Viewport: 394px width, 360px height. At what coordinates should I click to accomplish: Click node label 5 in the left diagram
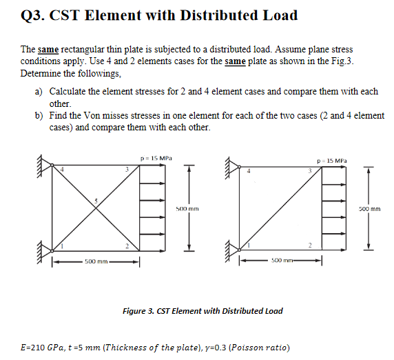click(96, 201)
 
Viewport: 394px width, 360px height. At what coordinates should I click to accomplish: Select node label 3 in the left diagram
click(126, 170)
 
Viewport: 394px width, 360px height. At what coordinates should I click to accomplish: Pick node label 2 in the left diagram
click(126, 246)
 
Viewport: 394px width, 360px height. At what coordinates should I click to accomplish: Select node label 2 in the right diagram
click(311, 246)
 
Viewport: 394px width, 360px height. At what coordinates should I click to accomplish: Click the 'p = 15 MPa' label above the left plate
click(154, 158)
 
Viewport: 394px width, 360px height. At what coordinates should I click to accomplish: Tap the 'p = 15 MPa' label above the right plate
click(339, 161)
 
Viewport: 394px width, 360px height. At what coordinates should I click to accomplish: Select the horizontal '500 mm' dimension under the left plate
click(95, 261)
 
